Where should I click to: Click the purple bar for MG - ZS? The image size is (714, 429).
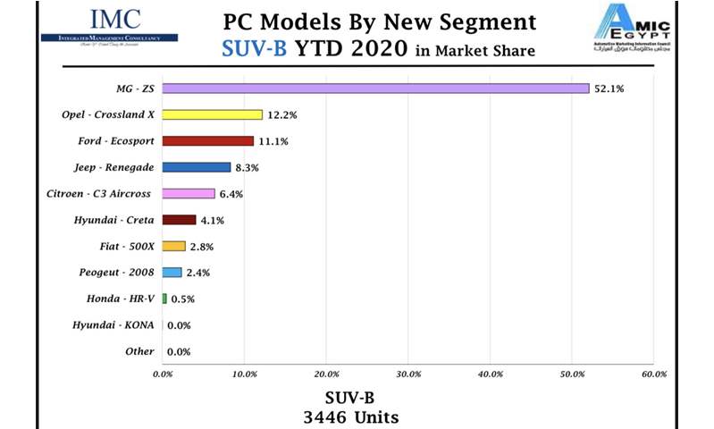coord(375,88)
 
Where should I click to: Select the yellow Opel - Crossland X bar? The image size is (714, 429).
coord(213,114)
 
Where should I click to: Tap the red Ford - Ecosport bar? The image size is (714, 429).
coord(208,141)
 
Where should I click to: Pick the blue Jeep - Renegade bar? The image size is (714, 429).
coord(197,167)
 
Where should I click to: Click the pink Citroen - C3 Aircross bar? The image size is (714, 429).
coord(189,193)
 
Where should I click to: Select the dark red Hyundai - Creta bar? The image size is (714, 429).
coord(179,220)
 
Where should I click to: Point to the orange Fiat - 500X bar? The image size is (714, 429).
coord(173,246)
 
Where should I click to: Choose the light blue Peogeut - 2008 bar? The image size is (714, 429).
coord(172,273)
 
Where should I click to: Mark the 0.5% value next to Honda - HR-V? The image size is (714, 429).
coord(182,299)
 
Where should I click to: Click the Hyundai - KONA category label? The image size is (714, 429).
coord(113,325)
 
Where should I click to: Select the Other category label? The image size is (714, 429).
coord(139,351)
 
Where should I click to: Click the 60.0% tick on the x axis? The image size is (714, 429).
coord(654,373)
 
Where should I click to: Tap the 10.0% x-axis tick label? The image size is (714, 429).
coord(244,373)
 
